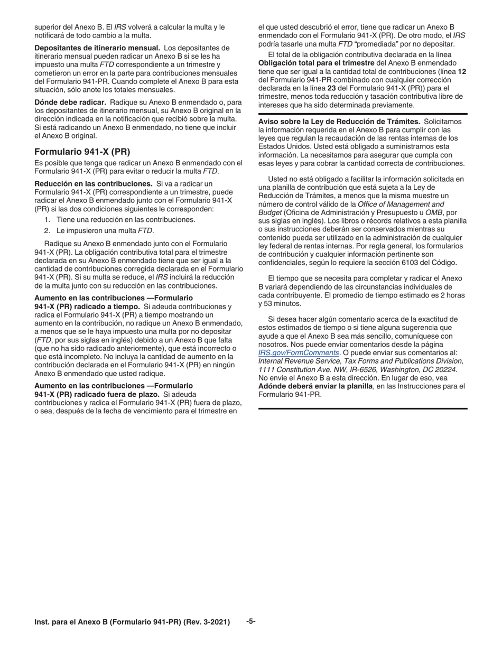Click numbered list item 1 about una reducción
(119, 219)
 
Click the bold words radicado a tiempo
(110, 307)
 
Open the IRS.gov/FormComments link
(299, 353)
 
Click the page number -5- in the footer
(250, 621)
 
